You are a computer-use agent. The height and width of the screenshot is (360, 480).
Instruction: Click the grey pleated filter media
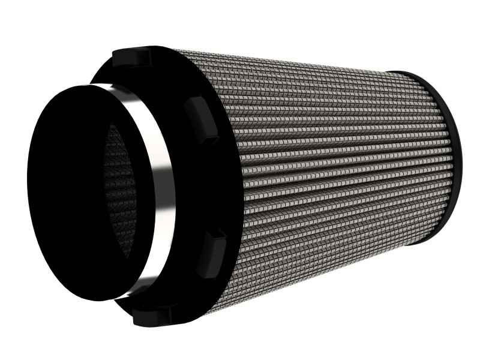(324, 168)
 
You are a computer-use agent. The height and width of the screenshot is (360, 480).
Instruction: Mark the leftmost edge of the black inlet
(27, 180)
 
